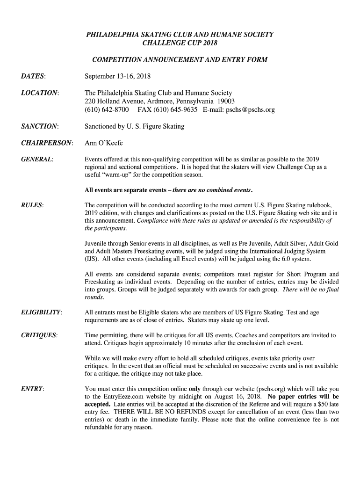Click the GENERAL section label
[x=37, y=159]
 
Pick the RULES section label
[x=32, y=205]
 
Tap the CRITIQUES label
[x=39, y=335]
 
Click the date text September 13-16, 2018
[x=117, y=76]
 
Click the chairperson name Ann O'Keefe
[x=103, y=143]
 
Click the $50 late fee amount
[x=307, y=404]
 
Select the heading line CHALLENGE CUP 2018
[x=180, y=43]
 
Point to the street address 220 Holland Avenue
[x=117, y=102]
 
